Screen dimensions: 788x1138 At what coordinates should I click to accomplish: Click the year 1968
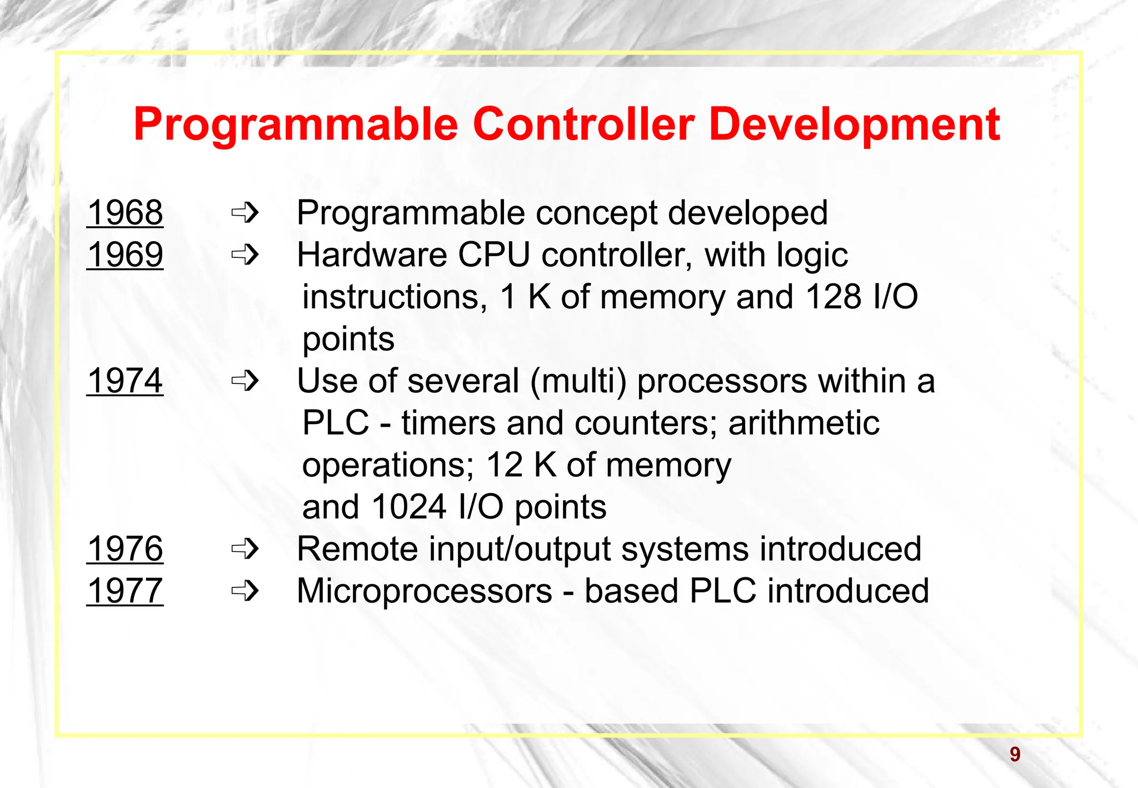(x=125, y=213)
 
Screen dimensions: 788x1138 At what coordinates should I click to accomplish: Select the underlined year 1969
(x=125, y=255)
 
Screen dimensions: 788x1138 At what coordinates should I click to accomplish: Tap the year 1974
(x=125, y=381)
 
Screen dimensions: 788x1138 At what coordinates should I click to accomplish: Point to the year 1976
(x=125, y=549)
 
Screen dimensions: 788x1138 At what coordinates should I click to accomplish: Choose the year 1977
(x=125, y=591)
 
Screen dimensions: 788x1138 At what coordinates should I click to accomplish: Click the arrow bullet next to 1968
(x=245, y=212)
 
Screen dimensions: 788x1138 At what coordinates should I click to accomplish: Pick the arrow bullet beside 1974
(x=245, y=381)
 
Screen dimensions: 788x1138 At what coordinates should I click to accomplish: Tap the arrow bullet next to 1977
(x=245, y=591)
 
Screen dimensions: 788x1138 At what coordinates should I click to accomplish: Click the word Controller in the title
(x=583, y=124)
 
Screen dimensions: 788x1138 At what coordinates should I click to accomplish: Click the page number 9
(x=1015, y=755)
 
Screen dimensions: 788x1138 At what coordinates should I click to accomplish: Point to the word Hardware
(x=372, y=255)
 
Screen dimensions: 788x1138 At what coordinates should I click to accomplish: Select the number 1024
(x=409, y=507)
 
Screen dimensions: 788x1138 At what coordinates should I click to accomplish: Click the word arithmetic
(x=803, y=423)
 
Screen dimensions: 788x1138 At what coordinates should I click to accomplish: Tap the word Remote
(x=357, y=549)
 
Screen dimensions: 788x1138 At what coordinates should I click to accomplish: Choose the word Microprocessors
(x=425, y=591)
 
